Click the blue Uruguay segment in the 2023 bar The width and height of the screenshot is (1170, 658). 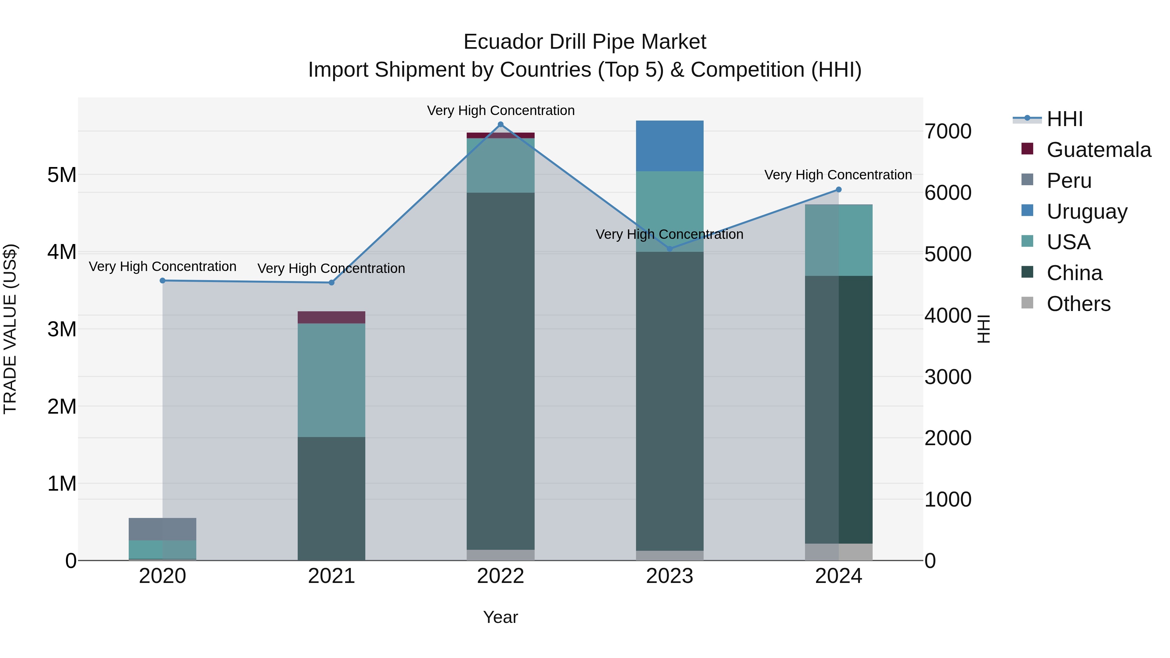tap(669, 146)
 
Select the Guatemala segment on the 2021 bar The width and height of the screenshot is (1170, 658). tap(331, 317)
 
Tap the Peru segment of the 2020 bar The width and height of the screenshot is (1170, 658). tap(162, 529)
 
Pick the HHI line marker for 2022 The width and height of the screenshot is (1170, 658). tap(500, 124)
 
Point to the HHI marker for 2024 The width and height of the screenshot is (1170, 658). tap(838, 189)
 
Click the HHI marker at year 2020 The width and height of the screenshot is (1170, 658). tap(162, 281)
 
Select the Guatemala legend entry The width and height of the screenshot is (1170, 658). tap(1098, 150)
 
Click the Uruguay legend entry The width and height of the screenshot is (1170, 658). tap(1086, 212)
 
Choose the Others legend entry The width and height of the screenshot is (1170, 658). tap(1078, 304)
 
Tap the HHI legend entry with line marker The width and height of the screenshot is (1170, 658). tap(1064, 119)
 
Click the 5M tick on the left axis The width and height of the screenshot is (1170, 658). tap(62, 175)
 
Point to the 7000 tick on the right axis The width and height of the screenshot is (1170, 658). tap(948, 132)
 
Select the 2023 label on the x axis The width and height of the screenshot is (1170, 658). tap(669, 576)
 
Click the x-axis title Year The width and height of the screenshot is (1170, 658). tap(500, 617)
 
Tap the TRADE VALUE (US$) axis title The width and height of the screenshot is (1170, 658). tap(10, 329)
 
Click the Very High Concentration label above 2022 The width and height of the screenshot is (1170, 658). tap(500, 110)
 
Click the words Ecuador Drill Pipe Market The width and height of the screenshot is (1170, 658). tap(585, 42)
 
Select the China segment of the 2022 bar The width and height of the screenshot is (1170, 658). tap(500, 370)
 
